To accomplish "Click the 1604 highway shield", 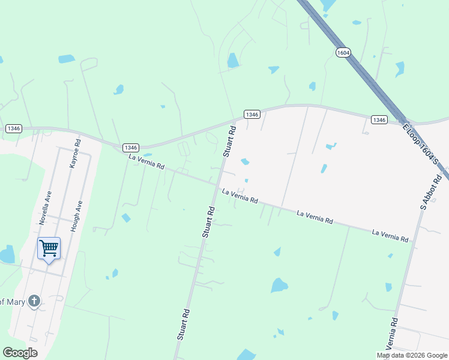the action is click(343, 53).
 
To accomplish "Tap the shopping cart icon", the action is click(49, 247).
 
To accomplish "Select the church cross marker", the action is click(35, 301).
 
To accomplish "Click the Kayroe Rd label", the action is click(75, 154).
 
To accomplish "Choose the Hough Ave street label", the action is click(75, 216).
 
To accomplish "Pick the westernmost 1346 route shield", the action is click(14, 128).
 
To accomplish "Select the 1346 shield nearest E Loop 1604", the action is click(379, 120).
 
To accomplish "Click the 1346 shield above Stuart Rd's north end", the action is click(252, 115).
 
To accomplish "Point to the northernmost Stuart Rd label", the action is click(229, 141).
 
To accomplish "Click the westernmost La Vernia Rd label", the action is click(146, 161).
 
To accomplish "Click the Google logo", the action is click(20, 352).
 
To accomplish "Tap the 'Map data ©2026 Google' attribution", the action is click(412, 355).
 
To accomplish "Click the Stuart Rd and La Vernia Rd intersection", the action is click(217, 186).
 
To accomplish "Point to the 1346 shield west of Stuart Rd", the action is click(131, 148).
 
